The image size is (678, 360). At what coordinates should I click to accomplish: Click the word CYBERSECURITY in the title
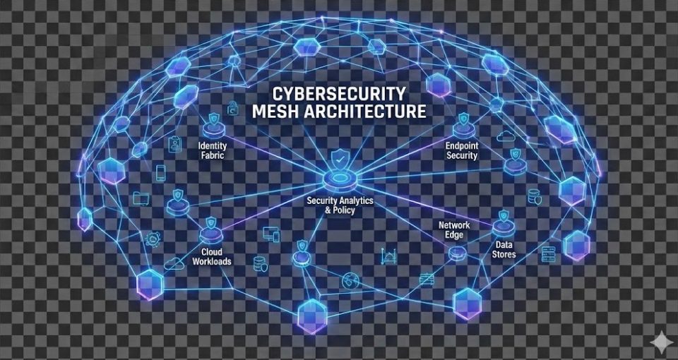coord(339,94)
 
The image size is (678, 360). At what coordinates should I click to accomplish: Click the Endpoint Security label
coord(462,150)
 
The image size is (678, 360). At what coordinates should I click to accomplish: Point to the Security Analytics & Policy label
coord(340,205)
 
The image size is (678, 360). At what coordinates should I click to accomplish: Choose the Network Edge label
coord(454,229)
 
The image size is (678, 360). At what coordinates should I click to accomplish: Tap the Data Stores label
coord(504,249)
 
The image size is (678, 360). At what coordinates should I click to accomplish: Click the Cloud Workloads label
coord(211,256)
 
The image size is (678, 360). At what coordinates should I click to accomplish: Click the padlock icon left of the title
coord(233,108)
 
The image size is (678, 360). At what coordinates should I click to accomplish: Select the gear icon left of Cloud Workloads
coord(152,239)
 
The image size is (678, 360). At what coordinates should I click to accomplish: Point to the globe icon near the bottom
coord(348,280)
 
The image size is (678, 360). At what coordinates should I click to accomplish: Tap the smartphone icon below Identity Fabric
coord(161,173)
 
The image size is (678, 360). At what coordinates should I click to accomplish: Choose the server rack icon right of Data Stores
coord(549,254)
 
